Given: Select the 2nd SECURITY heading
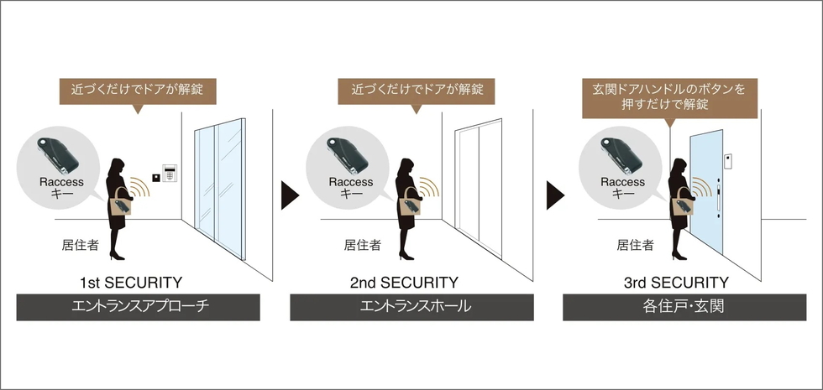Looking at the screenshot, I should pyautogui.click(x=404, y=283).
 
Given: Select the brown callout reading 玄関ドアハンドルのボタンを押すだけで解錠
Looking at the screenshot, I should pyautogui.click(x=670, y=96).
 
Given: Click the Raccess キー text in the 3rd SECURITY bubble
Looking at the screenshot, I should pyautogui.click(x=622, y=187).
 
